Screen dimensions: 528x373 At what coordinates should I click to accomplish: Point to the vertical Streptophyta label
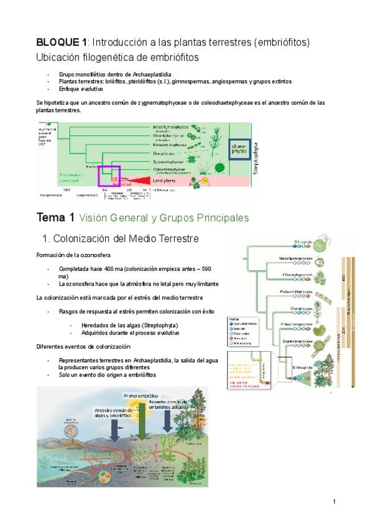pos(257,149)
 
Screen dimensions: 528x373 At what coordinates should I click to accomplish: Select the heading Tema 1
pos(55,218)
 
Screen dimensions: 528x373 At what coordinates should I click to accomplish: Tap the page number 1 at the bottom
pos(334,502)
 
